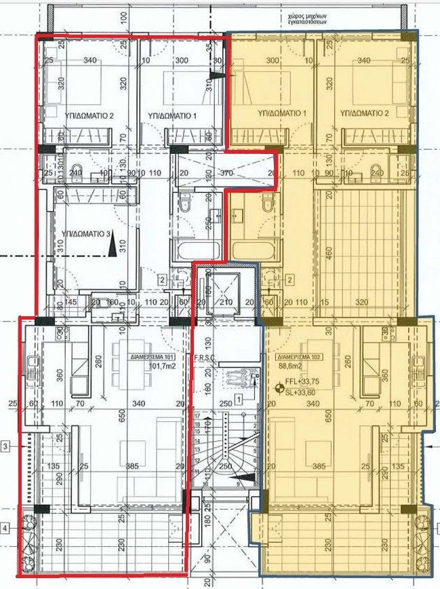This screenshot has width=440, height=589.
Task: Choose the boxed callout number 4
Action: tap(6, 527)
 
